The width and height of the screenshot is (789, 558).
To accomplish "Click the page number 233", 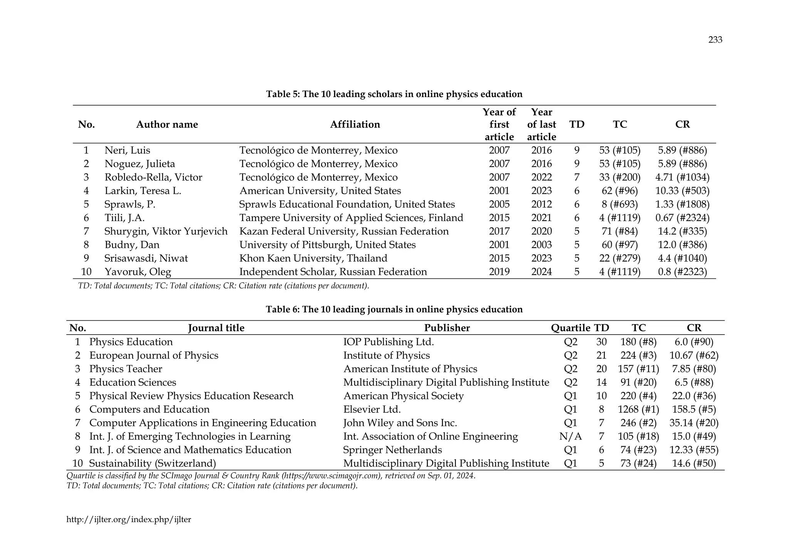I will click(x=715, y=40).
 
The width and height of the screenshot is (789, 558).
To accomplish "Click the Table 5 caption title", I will click(x=394, y=94).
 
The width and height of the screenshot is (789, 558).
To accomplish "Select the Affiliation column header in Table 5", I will click(x=355, y=124).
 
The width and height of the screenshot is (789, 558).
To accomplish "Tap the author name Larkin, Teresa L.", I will click(x=143, y=191).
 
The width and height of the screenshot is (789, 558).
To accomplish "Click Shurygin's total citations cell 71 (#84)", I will click(x=619, y=231).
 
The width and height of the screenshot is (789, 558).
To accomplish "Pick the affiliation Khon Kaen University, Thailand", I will click(x=313, y=258).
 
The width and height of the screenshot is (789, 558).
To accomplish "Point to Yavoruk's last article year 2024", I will click(x=541, y=272).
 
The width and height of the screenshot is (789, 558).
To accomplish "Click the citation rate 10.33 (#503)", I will click(x=682, y=191).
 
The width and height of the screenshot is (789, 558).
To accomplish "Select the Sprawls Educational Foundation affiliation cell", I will click(x=347, y=204).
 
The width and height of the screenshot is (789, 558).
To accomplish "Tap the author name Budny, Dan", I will click(x=132, y=245).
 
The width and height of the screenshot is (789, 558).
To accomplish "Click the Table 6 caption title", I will click(x=394, y=310).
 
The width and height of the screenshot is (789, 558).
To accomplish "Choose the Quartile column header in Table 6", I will click(x=570, y=328).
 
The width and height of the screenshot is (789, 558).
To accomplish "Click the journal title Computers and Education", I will click(x=149, y=409).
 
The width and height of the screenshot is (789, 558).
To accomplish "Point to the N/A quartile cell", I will click(x=570, y=436).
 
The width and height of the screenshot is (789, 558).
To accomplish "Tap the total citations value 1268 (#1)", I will click(x=638, y=409).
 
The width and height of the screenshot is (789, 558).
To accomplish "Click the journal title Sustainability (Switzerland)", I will click(x=152, y=463).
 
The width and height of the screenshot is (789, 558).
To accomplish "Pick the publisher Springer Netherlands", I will click(x=392, y=450).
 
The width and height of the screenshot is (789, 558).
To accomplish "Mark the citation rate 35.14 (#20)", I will click(x=694, y=423).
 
